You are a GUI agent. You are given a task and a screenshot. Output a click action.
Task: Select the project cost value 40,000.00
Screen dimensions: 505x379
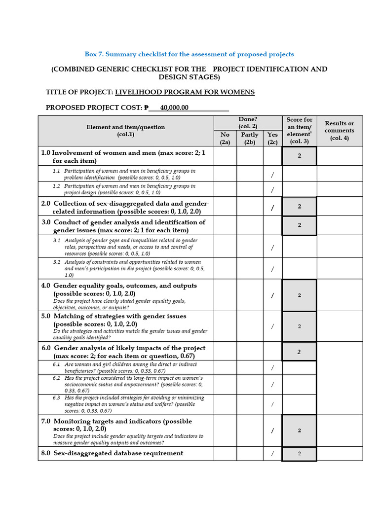pyautogui.click(x=174, y=108)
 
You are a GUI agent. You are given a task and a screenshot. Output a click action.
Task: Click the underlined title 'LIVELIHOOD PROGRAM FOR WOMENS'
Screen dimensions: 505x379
pyautogui.click(x=185, y=92)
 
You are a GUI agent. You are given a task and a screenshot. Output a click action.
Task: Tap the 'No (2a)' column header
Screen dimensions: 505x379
pyautogui.click(x=225, y=138)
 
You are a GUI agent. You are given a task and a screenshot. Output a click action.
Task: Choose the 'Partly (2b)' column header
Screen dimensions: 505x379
pyautogui.click(x=250, y=138)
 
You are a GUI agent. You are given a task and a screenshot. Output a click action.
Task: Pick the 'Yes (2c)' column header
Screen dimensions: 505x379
pyautogui.click(x=272, y=138)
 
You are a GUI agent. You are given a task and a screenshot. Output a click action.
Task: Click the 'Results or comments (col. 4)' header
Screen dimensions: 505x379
pyautogui.click(x=339, y=131)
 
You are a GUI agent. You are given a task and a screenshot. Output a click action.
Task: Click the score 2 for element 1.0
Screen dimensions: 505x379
pyautogui.click(x=299, y=156)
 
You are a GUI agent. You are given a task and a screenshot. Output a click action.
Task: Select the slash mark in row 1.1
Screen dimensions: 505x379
pyautogui.click(x=272, y=175)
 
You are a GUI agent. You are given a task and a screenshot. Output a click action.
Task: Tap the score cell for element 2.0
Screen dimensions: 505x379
pyautogui.click(x=299, y=207)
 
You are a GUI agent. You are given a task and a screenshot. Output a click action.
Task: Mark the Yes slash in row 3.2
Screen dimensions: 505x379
pyautogui.click(x=272, y=269)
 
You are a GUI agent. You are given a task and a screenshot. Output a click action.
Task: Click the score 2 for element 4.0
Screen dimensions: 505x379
pyautogui.click(x=299, y=295)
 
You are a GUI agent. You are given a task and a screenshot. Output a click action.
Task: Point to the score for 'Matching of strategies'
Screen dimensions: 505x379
pyautogui.click(x=299, y=326)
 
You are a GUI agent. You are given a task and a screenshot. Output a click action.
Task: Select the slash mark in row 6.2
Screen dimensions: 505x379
pyautogui.click(x=272, y=384)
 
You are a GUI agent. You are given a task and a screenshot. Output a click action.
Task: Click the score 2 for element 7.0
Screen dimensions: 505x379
pyautogui.click(x=299, y=430)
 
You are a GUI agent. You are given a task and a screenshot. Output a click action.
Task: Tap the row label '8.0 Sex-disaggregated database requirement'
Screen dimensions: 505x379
pyautogui.click(x=112, y=453)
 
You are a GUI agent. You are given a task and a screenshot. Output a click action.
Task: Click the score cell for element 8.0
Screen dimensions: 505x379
pyautogui.click(x=299, y=454)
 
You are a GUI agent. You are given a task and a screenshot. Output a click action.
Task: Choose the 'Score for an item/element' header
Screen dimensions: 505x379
pyautogui.click(x=299, y=130)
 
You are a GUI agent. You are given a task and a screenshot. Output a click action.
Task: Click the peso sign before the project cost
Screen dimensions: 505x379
pyautogui.click(x=146, y=108)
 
